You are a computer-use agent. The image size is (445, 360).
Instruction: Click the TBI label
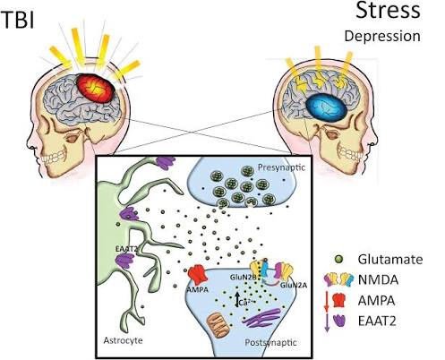click(x=18, y=20)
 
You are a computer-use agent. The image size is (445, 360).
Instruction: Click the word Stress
click(x=388, y=10)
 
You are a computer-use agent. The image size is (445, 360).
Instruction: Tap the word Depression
click(x=382, y=36)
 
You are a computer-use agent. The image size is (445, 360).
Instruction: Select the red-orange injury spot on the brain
click(x=96, y=89)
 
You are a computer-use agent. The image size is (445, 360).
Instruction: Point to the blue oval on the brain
click(x=326, y=107)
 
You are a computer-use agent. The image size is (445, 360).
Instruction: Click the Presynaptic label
click(x=281, y=167)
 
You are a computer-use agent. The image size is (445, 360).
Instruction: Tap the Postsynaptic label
click(x=270, y=342)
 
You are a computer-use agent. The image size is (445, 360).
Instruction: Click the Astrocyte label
click(x=123, y=340)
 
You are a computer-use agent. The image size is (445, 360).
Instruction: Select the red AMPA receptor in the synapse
click(x=198, y=275)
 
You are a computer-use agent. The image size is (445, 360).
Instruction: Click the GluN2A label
click(x=294, y=286)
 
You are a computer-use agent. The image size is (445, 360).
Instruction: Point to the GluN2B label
click(x=243, y=277)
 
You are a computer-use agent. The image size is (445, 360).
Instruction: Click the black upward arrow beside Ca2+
click(x=237, y=299)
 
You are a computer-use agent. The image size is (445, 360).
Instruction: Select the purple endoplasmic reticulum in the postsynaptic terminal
click(x=262, y=317)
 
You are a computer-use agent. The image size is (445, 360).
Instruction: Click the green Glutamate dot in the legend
click(x=339, y=259)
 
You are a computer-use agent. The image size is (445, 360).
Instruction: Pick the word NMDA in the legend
click(x=378, y=280)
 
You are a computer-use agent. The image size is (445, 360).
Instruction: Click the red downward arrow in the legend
click(x=326, y=301)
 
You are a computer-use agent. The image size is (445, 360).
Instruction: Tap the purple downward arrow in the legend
click(x=327, y=322)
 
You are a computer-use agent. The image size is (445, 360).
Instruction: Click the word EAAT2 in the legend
click(x=377, y=321)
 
